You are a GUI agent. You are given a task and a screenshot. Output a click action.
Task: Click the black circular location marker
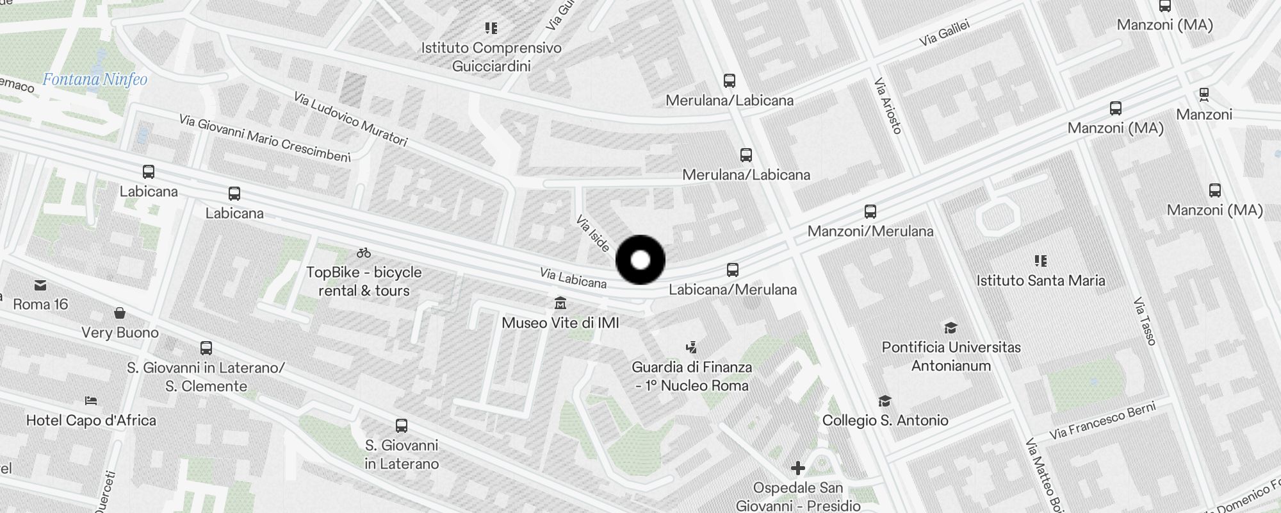coord(640,260)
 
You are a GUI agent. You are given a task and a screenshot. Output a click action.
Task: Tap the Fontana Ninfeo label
coord(95,80)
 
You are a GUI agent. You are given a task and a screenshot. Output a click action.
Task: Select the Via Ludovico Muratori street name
coord(350,119)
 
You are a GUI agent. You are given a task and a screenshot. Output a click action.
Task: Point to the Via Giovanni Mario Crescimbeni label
coord(265,139)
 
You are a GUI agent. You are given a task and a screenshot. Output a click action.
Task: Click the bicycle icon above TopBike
coord(364,253)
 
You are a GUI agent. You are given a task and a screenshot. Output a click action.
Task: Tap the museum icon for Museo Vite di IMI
coord(560,303)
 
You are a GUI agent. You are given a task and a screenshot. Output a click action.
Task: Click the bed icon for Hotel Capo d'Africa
coord(91,401)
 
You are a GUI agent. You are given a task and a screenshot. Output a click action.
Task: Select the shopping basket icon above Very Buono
coord(120,313)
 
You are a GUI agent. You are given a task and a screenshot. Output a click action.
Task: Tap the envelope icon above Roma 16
coord(40,285)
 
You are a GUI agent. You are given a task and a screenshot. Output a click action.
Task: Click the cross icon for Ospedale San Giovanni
coord(797,469)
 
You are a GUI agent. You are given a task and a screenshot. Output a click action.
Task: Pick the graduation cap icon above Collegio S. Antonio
coord(885,401)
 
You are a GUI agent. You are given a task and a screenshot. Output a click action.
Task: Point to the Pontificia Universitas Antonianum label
coord(951,357)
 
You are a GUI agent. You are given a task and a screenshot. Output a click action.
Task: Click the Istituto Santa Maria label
coord(1040,280)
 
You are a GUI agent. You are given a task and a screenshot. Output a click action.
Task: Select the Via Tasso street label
coord(1144,321)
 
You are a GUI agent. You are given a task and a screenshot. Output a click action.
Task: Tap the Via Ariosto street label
coord(888,106)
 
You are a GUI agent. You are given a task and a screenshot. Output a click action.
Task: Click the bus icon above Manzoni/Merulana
coord(870,212)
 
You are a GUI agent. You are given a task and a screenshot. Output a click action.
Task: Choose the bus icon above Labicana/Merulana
coord(733,270)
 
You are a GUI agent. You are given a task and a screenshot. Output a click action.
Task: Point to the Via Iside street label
coord(592,233)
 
